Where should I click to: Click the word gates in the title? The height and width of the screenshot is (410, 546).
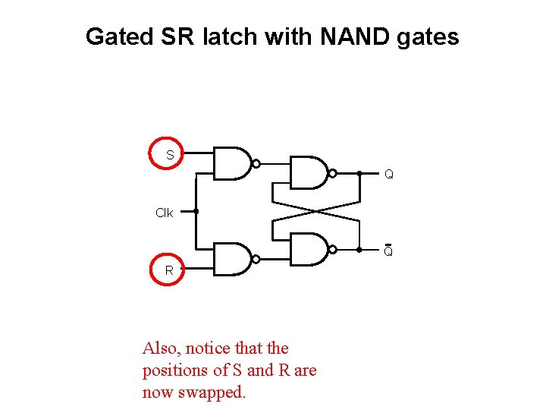coord(427,36)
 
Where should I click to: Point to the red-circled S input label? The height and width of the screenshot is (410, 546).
coord(169,155)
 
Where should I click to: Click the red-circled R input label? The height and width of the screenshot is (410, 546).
coord(169,270)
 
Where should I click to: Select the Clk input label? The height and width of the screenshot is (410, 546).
coord(164,213)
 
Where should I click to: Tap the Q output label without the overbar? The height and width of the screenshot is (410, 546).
coord(388,175)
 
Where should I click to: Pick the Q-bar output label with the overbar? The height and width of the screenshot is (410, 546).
coord(388,251)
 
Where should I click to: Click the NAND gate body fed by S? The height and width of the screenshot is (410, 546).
coord(231,163)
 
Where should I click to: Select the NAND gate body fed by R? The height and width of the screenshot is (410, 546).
coord(231,259)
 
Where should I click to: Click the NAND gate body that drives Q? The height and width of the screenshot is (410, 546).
coord(308,173)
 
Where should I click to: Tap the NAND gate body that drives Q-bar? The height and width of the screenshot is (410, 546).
coord(308,249)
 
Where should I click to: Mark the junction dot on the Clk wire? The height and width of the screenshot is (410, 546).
coord(196,212)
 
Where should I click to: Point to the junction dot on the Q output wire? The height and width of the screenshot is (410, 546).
coord(359,173)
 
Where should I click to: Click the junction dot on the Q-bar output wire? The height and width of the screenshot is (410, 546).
coord(359,249)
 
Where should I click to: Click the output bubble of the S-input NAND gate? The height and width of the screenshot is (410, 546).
coord(256,163)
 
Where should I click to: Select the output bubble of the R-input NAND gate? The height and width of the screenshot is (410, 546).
coord(256,259)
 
